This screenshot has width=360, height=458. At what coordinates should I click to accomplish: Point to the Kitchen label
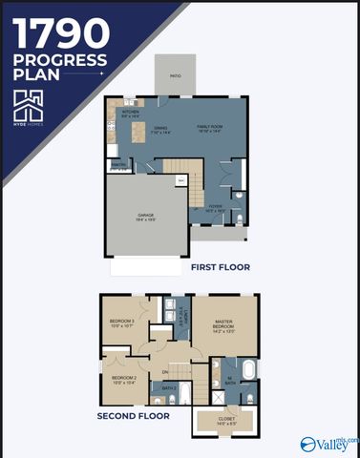click(130, 113)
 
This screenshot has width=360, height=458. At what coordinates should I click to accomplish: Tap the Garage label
click(146, 217)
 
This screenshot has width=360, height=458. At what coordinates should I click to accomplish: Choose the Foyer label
click(216, 206)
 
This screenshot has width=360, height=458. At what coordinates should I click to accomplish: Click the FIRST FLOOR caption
click(221, 267)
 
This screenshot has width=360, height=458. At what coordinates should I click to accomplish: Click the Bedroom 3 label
click(121, 323)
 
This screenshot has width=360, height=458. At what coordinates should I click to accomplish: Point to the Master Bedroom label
click(224, 327)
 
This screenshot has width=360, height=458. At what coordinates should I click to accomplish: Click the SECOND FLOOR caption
click(133, 416)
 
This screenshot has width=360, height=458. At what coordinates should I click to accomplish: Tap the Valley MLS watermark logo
click(325, 444)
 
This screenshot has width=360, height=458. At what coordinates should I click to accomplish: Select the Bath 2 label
click(168, 389)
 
